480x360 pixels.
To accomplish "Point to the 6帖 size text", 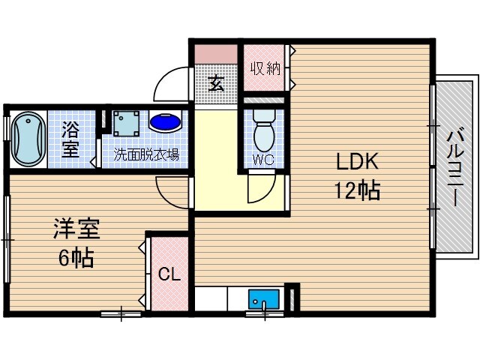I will tap(76, 258).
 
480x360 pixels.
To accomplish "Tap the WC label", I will tap(263, 159).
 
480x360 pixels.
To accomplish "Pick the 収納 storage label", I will tap(265, 69).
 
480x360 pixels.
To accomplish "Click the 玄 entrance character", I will tap(216, 82).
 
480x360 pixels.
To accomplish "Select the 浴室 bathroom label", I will tap(70, 139).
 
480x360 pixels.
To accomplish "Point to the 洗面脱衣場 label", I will tap(146, 155).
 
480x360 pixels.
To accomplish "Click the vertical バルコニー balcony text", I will tap(454, 166).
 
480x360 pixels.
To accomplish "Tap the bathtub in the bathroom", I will tap(28, 139).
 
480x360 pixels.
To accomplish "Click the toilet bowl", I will tap(263, 131).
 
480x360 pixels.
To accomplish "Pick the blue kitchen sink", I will tap(263, 299).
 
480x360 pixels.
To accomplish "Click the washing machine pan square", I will tap(126, 122).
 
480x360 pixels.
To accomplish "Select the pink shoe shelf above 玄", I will tap(216, 55).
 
